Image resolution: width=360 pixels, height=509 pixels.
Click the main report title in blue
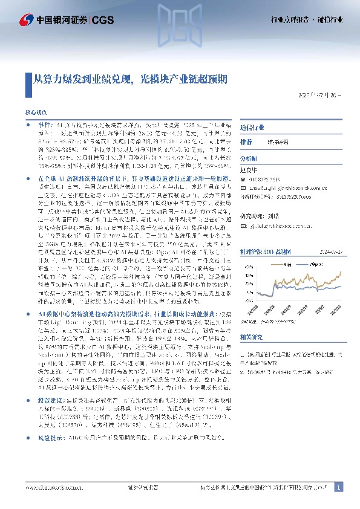pos(125,79)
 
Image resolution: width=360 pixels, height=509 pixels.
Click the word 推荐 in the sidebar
pos(246,141)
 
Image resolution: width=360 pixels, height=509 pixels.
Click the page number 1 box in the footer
pos(338,487)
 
